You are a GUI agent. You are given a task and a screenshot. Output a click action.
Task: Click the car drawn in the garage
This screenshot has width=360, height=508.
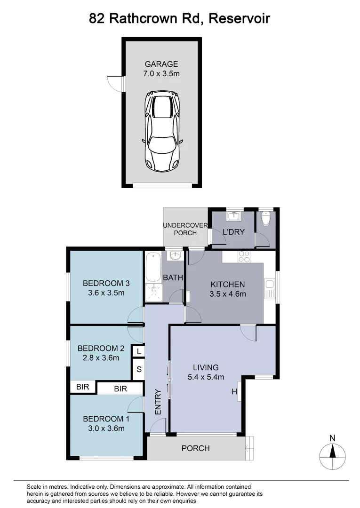point(162,130)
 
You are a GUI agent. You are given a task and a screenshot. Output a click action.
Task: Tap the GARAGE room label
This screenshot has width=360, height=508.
point(161,64)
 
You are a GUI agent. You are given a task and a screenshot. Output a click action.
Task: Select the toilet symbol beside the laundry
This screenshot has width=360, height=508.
point(266,219)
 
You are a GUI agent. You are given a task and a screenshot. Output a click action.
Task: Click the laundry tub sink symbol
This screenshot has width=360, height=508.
point(233,216)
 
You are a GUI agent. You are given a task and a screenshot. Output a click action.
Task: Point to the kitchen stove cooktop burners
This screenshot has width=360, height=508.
point(244,257)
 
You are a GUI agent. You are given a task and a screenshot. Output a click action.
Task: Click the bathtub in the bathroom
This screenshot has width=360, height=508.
point(153,267)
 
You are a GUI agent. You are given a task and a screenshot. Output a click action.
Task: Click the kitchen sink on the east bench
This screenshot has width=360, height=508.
point(270,289)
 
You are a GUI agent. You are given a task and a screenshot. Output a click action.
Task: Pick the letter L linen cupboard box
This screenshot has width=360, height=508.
point(139,351)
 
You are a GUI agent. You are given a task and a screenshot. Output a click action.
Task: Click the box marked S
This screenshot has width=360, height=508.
point(139,369)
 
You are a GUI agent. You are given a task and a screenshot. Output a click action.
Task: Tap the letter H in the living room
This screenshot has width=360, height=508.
point(233,391)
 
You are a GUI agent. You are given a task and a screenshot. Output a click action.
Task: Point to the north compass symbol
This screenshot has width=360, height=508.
point(333,453)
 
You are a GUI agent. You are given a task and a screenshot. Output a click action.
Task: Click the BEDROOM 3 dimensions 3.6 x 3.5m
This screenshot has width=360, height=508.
point(106,293)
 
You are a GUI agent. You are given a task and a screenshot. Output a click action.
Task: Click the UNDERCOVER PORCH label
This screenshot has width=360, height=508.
point(185,229)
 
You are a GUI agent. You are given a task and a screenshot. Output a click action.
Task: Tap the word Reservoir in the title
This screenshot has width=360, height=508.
point(240,19)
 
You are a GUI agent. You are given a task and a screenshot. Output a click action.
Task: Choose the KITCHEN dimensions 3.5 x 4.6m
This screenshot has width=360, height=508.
point(228,294)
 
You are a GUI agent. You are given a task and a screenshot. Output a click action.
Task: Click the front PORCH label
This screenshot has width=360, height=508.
point(195,448)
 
